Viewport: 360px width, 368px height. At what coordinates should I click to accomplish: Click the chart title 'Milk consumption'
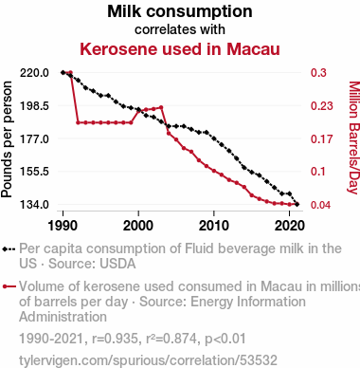(x=180, y=11)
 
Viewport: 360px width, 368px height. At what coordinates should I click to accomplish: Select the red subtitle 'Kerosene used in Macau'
(x=180, y=49)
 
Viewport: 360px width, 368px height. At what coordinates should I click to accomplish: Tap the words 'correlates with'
(x=180, y=29)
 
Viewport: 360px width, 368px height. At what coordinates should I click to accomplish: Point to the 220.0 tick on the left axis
(x=34, y=73)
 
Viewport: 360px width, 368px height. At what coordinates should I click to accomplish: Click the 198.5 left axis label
(x=34, y=106)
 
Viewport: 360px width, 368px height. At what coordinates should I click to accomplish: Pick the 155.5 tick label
(x=34, y=172)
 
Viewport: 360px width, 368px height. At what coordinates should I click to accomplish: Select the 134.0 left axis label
(x=34, y=205)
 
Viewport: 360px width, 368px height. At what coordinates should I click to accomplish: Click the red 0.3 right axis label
(x=318, y=73)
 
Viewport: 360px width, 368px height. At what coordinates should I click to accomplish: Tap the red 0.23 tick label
(x=321, y=106)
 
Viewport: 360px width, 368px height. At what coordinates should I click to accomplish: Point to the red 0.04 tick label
(x=321, y=205)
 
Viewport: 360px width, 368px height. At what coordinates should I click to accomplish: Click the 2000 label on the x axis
(x=138, y=226)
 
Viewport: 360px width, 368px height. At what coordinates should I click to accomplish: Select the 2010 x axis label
(x=214, y=226)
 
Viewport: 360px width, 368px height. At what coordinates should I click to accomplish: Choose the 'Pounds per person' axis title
(x=7, y=139)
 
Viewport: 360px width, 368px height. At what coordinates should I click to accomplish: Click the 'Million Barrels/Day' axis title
(x=354, y=138)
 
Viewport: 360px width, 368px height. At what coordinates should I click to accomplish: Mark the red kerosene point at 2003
(x=161, y=107)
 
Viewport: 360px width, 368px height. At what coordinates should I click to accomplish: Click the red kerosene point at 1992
(x=78, y=122)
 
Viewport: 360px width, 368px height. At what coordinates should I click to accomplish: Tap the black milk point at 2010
(x=214, y=138)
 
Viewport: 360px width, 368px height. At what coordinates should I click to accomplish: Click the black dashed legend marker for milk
(x=9, y=249)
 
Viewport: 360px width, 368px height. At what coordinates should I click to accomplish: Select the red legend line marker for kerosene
(x=9, y=286)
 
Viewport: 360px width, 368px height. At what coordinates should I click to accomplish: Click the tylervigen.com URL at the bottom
(x=148, y=360)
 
